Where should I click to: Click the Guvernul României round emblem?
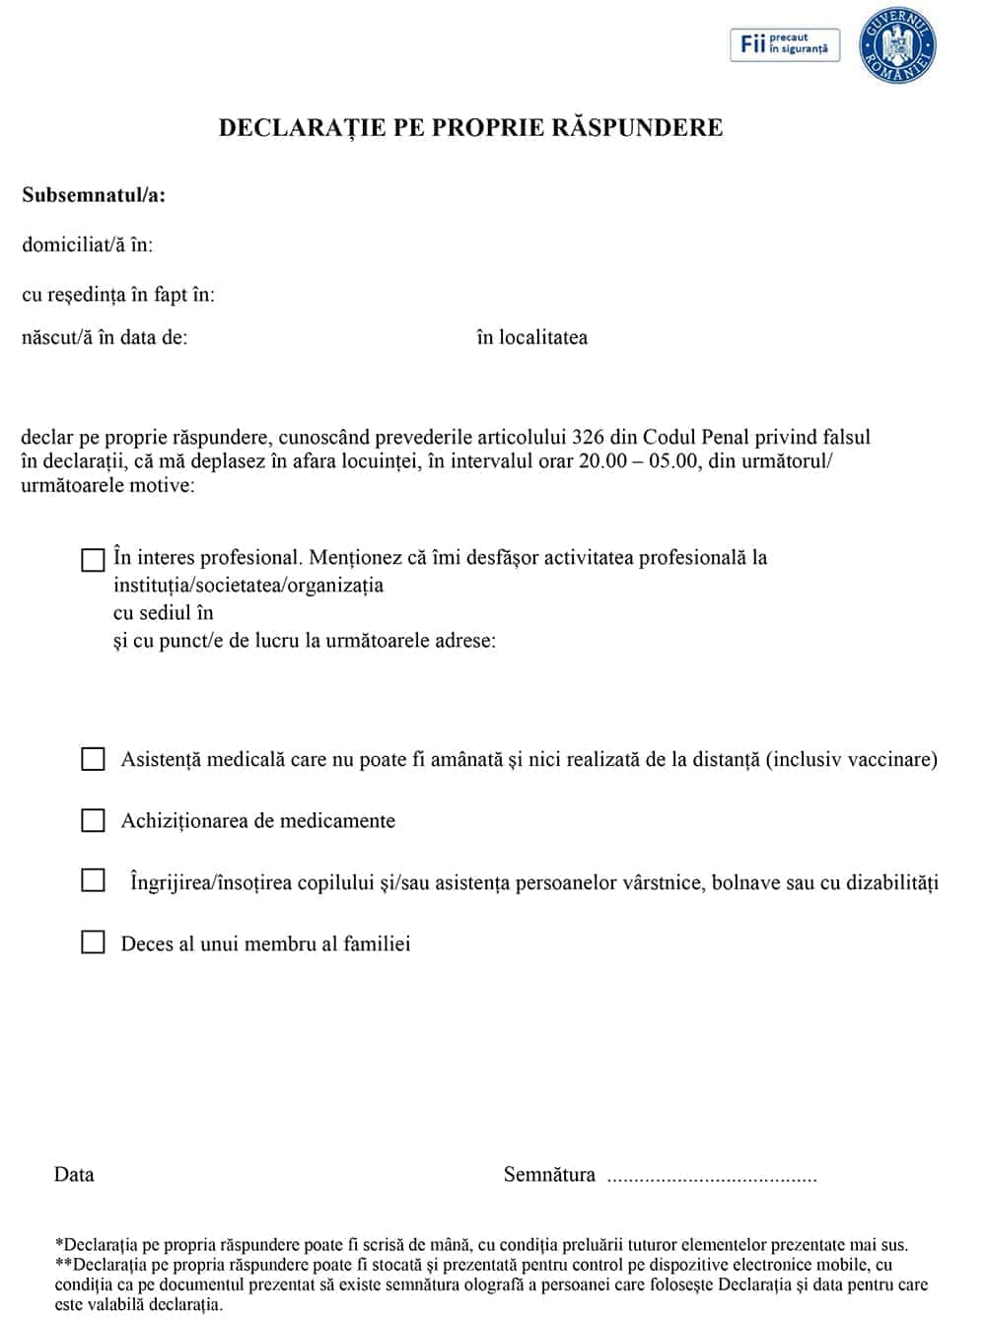897,44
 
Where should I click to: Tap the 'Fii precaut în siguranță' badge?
785,44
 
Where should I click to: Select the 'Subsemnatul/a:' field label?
94,195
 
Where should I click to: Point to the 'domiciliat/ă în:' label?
88,244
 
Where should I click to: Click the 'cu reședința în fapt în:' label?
118,294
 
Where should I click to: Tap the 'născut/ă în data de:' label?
105,337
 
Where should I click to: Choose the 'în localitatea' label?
531,337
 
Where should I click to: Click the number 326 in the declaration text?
588,437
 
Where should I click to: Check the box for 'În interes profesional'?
93,560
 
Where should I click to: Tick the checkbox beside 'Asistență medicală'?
93,759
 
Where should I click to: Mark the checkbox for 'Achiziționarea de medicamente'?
93,820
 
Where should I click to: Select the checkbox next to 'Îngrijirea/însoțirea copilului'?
93,879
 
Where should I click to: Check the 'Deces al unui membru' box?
93,942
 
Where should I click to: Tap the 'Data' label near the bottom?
74,1174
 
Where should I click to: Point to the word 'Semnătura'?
549,1174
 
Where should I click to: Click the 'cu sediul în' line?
164,612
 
